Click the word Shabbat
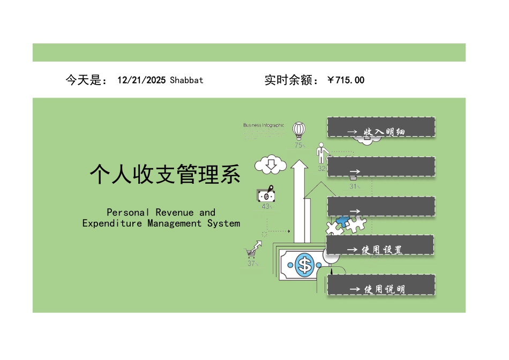pos(186,80)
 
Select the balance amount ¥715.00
pos(346,80)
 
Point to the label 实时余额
pos(291,80)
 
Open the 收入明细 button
pos(381,127)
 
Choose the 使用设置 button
pos(380,245)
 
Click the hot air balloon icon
pos(299,130)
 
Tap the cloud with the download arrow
pos(271,164)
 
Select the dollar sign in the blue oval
pos(305,265)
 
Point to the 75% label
pos(300,145)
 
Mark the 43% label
pos(267,207)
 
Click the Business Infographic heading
pos(264,125)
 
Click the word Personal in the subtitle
pos(129,213)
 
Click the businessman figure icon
pos(321,153)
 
